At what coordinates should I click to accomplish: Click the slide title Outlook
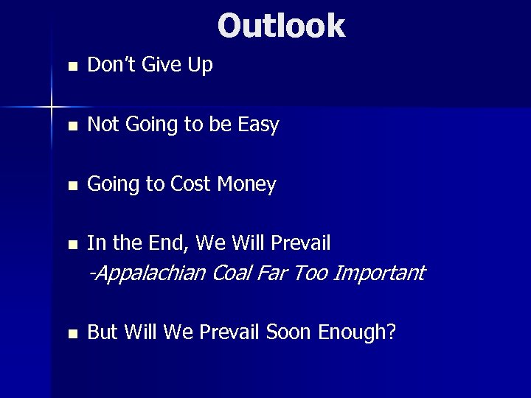click(x=281, y=25)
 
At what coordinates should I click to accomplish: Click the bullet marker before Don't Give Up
click(x=71, y=66)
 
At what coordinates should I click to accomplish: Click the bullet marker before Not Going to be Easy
click(x=71, y=126)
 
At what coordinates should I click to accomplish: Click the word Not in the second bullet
click(x=104, y=125)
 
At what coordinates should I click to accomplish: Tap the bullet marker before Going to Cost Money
click(x=71, y=185)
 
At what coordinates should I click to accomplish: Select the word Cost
click(x=190, y=184)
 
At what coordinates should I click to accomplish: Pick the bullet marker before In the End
click(x=71, y=244)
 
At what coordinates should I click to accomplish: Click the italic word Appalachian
click(x=147, y=273)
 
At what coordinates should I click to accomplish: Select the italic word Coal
click(x=231, y=273)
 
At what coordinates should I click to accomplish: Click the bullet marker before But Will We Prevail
click(x=71, y=334)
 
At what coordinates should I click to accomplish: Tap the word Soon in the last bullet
click(x=289, y=332)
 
